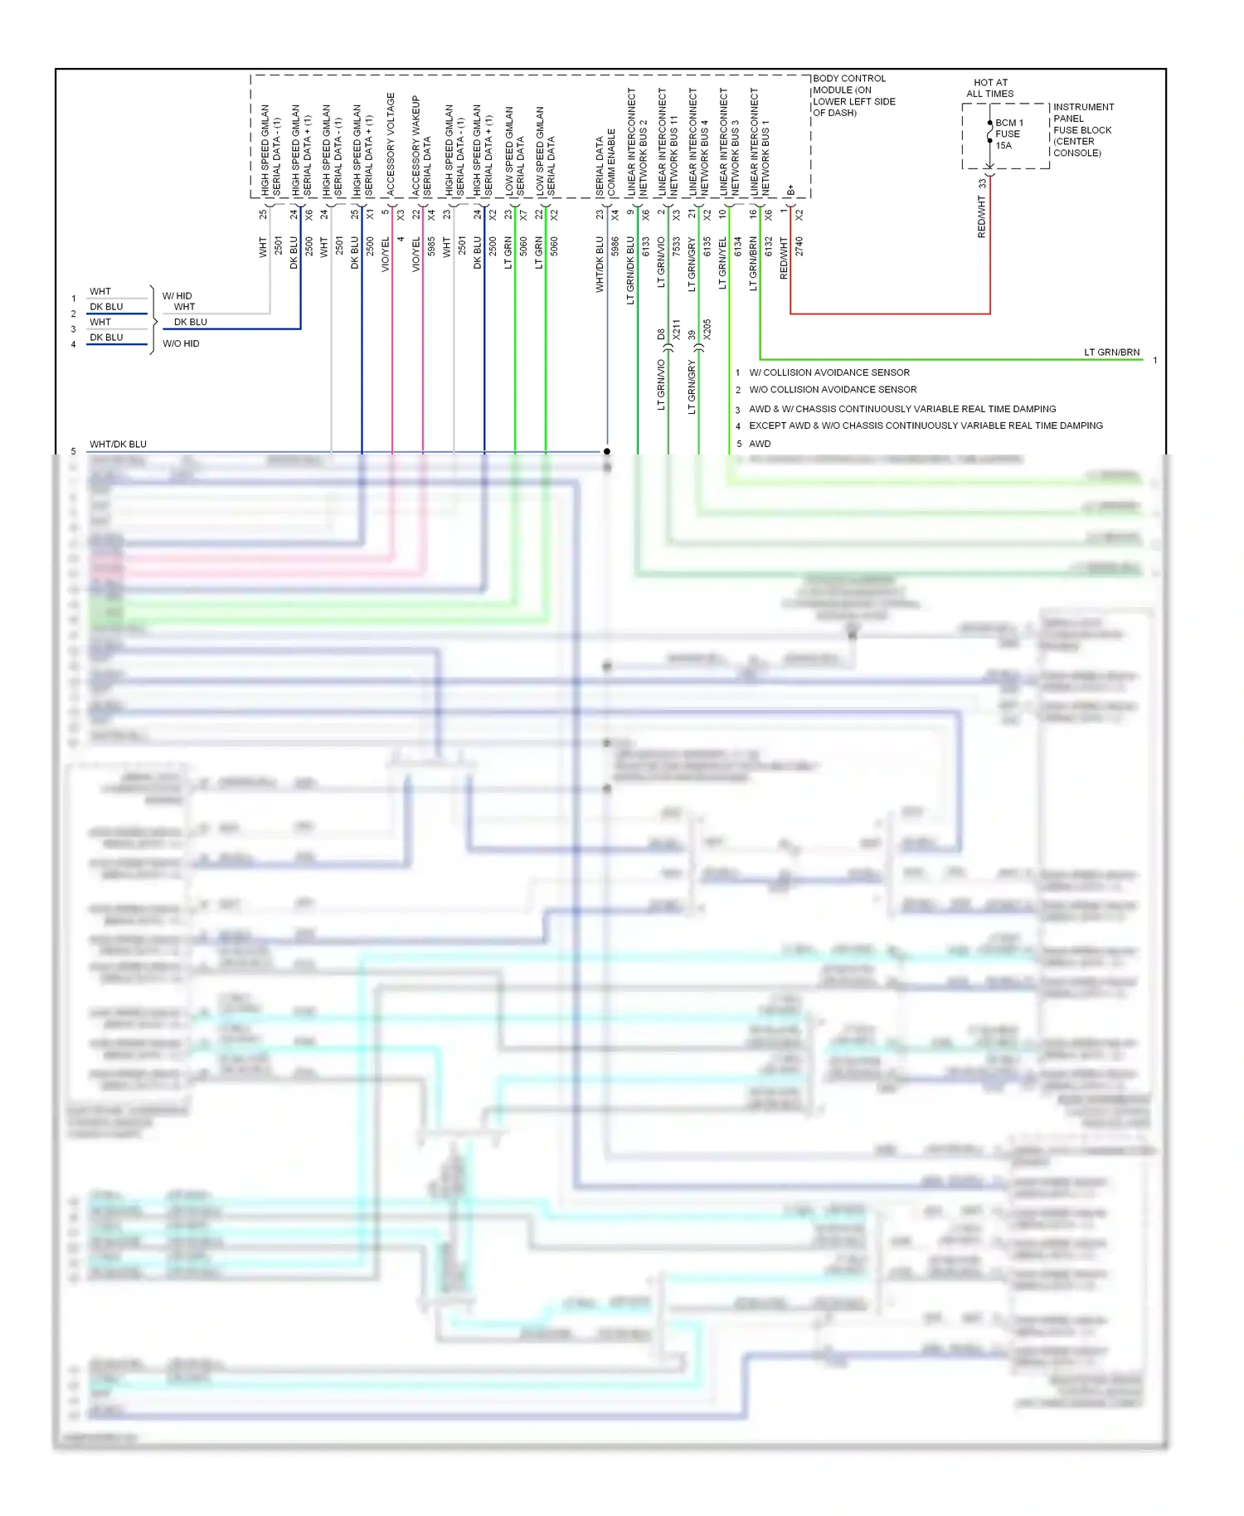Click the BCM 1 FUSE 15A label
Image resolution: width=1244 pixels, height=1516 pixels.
click(1008, 134)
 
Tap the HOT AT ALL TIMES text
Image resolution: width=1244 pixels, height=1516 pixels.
click(989, 88)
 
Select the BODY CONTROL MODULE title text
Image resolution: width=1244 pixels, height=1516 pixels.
click(853, 95)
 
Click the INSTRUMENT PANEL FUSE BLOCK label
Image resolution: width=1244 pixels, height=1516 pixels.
click(1083, 129)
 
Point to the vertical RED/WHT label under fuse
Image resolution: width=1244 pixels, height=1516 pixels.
click(982, 216)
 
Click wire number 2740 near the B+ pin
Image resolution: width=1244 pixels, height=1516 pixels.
click(799, 246)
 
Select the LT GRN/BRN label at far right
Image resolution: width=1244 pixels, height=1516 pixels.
click(1111, 352)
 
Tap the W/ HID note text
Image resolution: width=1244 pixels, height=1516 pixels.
click(177, 296)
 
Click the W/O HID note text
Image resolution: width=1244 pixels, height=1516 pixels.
click(181, 343)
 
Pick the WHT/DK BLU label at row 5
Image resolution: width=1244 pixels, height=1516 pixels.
click(118, 445)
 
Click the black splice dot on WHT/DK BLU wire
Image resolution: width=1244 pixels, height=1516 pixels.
click(607, 451)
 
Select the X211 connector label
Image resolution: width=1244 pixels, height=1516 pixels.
click(677, 330)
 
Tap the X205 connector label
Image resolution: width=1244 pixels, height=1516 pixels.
click(707, 330)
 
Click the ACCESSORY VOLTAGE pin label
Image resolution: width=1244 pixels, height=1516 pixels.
click(391, 144)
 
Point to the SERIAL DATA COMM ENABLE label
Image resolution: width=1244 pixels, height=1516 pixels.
click(605, 163)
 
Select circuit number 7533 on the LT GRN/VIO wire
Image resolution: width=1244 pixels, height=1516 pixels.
click(677, 246)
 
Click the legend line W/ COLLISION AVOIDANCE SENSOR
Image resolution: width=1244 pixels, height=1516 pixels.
click(829, 373)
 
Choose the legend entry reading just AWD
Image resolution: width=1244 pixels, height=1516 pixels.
click(760, 444)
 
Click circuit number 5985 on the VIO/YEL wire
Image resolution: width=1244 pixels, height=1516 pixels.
click(432, 246)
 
